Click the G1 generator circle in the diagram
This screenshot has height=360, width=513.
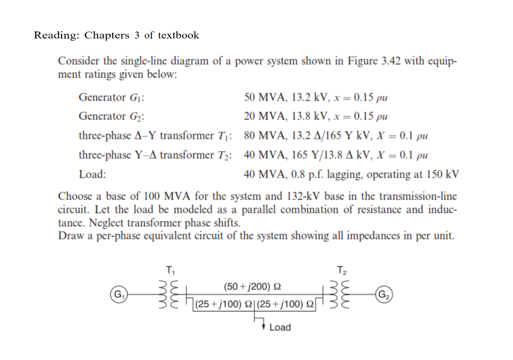[x=119, y=293]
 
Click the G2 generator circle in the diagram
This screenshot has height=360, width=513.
[x=385, y=293]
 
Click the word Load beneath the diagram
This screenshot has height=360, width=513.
[x=280, y=327]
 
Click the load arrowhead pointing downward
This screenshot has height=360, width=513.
[x=264, y=327]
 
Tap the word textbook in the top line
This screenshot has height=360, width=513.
[x=178, y=36]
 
